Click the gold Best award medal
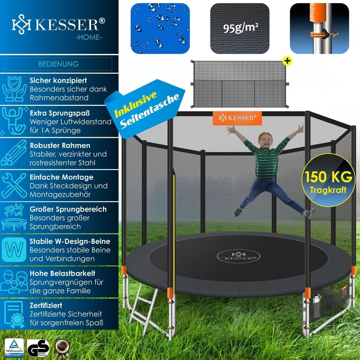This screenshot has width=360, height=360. [x=62, y=347]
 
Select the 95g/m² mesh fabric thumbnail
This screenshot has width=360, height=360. [x=239, y=28]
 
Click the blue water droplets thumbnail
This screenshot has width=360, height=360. [x=160, y=28]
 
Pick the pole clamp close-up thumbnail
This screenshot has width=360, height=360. [x=319, y=28]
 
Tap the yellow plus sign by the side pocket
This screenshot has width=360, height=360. [x=288, y=60]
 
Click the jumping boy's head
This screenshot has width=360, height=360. [x=264, y=141]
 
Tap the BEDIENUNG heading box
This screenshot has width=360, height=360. [x=58, y=64]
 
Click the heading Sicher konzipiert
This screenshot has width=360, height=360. [x=58, y=81]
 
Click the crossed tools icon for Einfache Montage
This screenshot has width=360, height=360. [x=14, y=185]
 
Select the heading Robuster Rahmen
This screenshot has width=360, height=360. [x=60, y=145]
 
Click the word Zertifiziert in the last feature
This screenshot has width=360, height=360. [x=46, y=305]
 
